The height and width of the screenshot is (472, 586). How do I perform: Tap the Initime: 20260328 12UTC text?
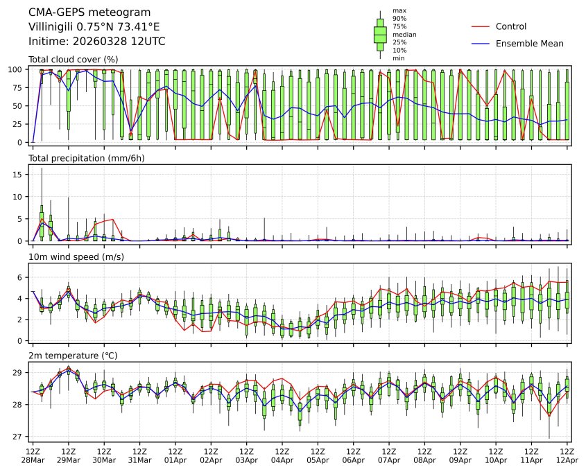pos(96,41)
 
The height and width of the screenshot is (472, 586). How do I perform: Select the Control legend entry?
pos(511,26)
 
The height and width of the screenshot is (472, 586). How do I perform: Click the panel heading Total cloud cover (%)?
pos(73,59)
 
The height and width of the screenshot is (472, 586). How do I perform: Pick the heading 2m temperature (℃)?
pos(73,356)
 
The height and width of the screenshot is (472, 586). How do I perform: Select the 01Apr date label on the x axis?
pos(175,460)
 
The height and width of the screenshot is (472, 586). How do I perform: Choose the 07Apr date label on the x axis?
pos(389,460)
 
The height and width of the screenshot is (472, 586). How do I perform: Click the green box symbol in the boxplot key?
pos(380,34)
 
